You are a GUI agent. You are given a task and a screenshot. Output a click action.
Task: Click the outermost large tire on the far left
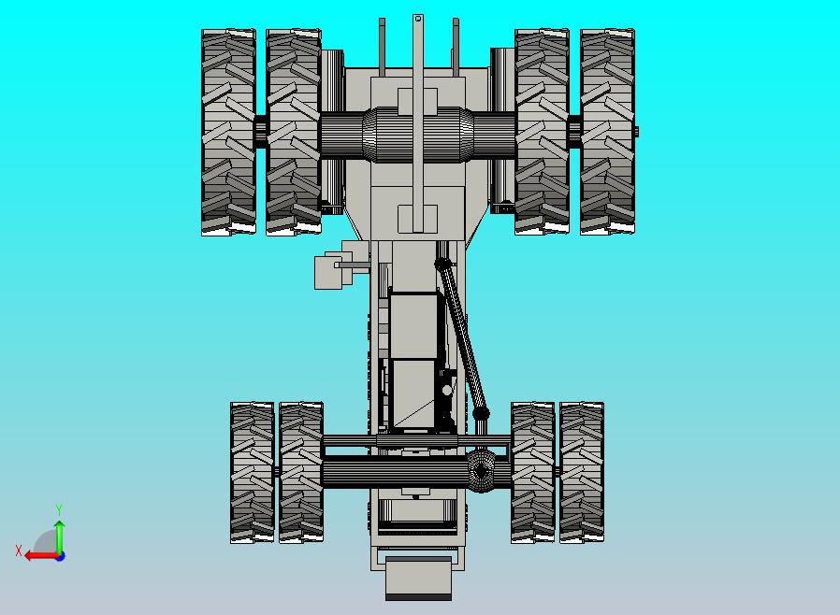pos(229,132)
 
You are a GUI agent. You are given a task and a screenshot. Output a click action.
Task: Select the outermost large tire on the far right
pos(607,132)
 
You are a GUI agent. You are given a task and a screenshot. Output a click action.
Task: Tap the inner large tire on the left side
pos(294,132)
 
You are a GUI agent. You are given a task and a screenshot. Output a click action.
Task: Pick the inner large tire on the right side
pos(542,132)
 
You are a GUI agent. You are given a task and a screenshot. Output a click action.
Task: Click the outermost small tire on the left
pos(253,472)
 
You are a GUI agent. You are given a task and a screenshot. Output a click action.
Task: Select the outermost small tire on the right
pos(582,472)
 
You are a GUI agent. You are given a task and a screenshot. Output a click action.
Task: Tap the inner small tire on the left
pos(300,472)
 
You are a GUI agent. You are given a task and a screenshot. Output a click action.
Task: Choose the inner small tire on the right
pos(533,472)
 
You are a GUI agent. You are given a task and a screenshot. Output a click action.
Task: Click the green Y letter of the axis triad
pos(59,509)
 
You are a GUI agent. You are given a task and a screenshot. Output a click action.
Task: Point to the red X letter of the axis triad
pos(19,551)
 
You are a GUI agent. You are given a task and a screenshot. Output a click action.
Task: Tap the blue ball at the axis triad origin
pos(59,555)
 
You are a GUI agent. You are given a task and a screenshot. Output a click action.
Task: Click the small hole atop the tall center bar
pos(418,18)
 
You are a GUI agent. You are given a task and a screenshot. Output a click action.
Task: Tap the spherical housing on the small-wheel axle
pos(482,472)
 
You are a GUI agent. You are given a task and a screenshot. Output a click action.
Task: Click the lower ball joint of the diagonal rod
pos(481,413)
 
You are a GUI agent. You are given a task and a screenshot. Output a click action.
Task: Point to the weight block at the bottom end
pos(418,577)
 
